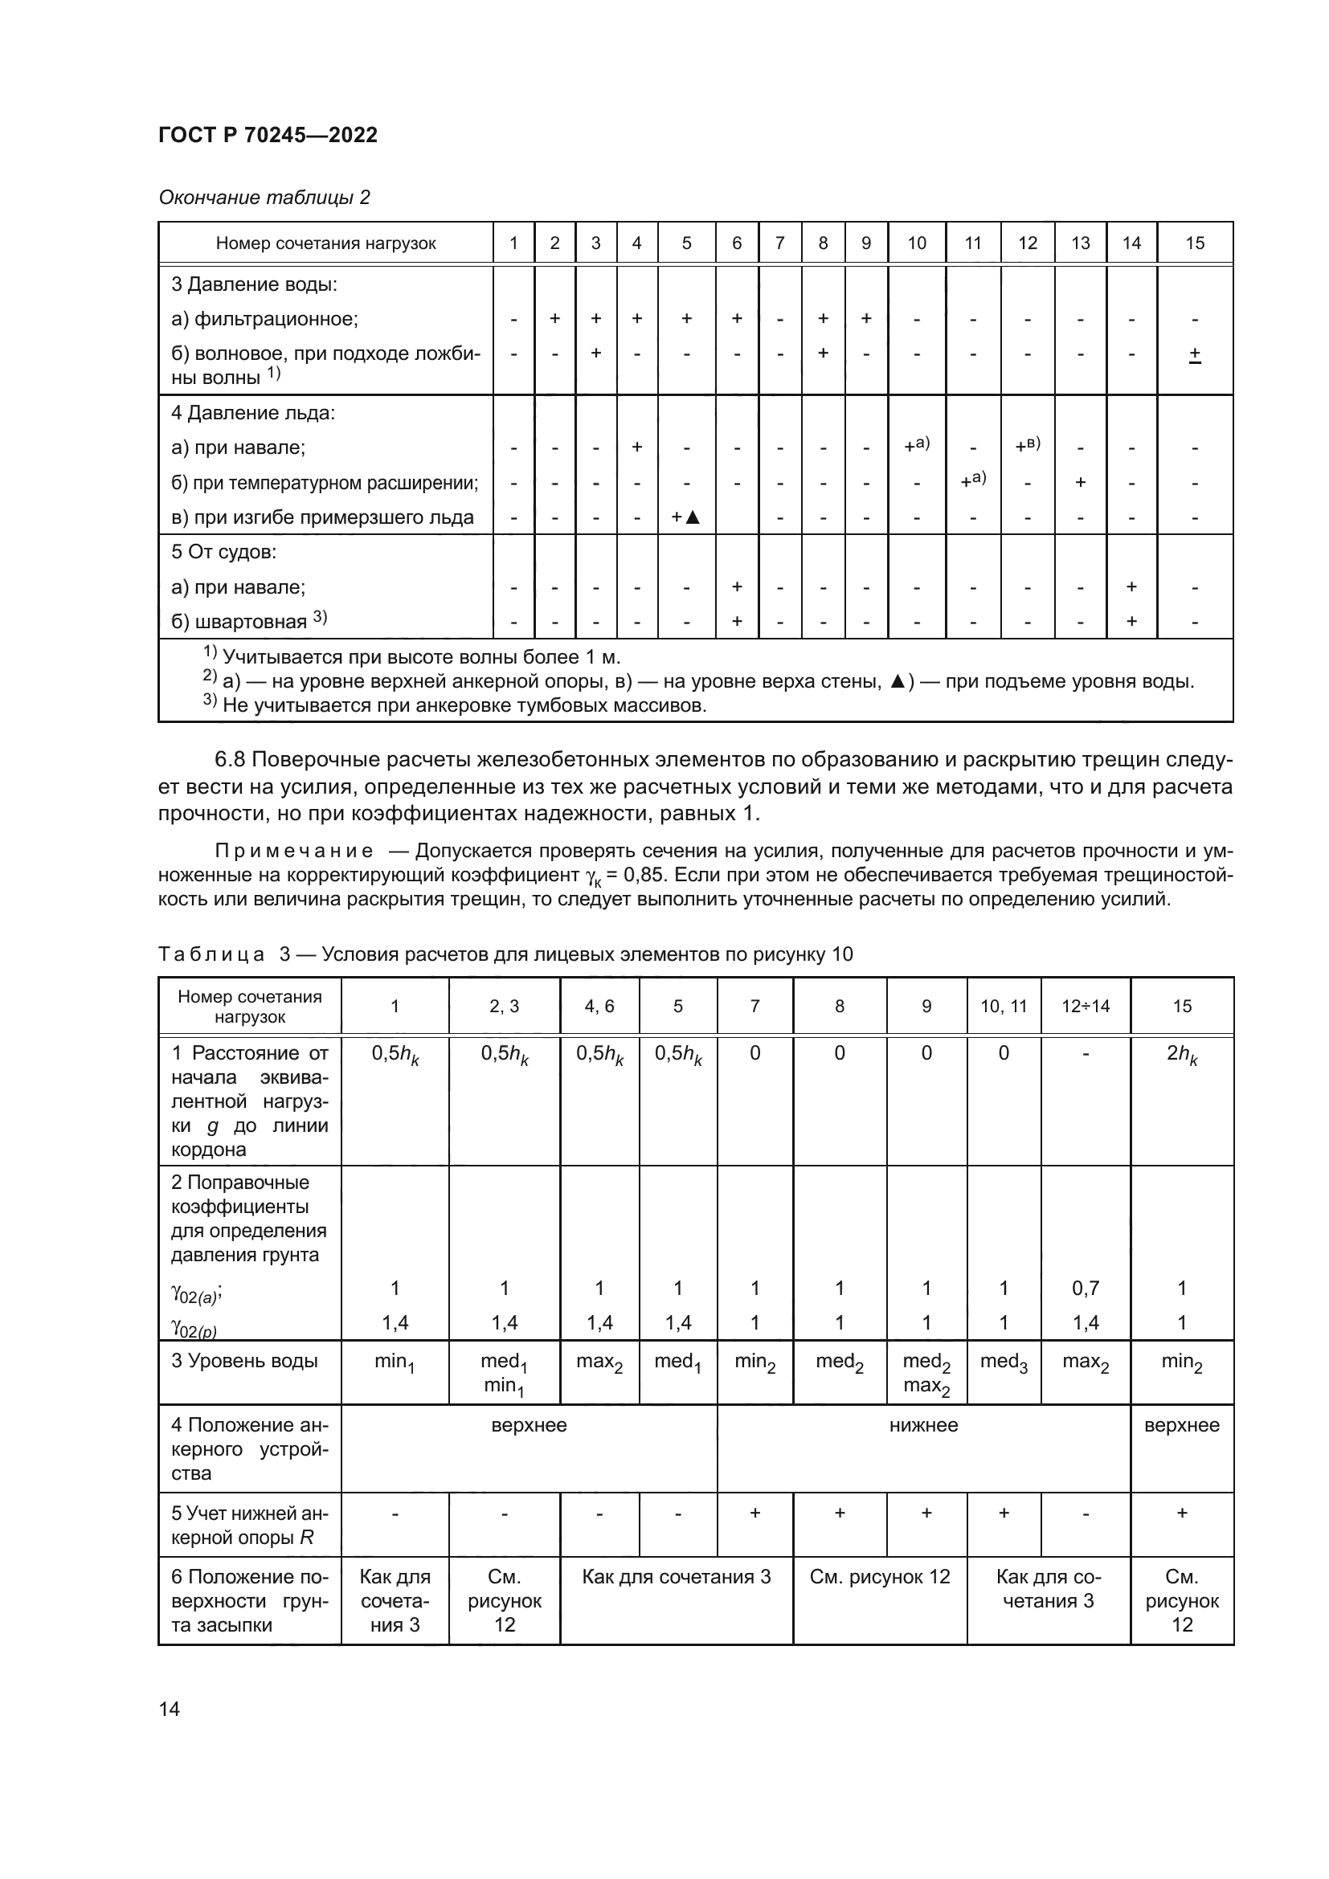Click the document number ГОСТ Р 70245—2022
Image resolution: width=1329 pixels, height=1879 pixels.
[268, 135]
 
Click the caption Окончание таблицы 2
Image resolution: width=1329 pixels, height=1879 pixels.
[264, 198]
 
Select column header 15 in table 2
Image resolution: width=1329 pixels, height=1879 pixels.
[1194, 243]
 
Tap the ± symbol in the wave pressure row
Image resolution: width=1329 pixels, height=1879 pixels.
[1194, 354]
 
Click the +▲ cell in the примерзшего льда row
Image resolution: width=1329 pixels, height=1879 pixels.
[685, 517]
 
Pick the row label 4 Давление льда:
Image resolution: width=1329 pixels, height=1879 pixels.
[253, 412]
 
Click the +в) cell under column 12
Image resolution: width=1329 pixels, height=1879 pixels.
[1027, 446]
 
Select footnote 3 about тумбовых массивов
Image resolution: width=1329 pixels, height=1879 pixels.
[455, 705]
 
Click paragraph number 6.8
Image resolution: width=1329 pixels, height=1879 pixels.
[229, 759]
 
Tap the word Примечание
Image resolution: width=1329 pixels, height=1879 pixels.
[294, 851]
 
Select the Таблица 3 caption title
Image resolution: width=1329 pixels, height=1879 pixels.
[505, 954]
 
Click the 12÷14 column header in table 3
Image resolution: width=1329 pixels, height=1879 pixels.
[1084, 1007]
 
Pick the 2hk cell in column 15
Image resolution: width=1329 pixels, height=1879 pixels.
[1181, 1055]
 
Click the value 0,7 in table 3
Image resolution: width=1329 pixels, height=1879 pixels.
[1085, 1288]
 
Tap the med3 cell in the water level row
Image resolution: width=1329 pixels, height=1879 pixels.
[1004, 1362]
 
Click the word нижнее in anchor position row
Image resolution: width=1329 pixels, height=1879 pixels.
[923, 1426]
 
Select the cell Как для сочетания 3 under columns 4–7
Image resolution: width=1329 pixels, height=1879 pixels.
[676, 1577]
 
